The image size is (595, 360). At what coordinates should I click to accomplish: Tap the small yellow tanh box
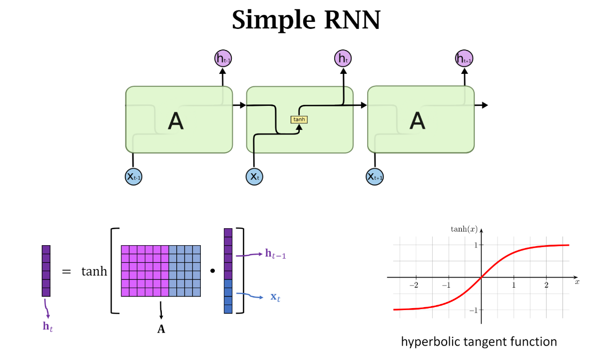tap(299, 119)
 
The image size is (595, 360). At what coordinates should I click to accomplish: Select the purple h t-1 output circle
tap(223, 58)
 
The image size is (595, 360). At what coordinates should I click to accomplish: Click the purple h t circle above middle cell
tap(343, 58)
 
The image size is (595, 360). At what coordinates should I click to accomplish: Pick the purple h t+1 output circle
tap(464, 58)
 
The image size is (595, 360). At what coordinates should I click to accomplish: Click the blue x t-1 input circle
tap(133, 176)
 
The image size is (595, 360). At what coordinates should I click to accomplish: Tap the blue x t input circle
tap(254, 176)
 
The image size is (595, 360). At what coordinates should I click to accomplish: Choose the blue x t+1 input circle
tap(375, 176)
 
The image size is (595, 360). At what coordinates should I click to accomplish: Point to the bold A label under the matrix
tap(161, 329)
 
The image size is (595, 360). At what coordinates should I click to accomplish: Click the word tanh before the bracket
tap(94, 272)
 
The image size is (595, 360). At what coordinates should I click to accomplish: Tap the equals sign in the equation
tap(66, 272)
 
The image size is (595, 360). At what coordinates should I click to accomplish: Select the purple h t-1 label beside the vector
tap(275, 255)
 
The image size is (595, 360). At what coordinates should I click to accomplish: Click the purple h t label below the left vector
tap(48, 327)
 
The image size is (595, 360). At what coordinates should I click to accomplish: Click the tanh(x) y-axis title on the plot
tap(464, 229)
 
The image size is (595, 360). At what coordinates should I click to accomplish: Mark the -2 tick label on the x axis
tap(414, 285)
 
